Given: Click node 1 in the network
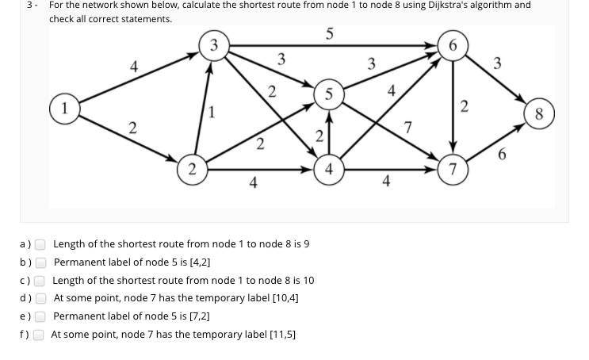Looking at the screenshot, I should point(63,106).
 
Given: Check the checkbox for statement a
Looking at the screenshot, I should point(40,244).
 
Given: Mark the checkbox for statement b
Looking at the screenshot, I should point(40,262).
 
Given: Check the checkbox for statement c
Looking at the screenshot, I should point(40,281).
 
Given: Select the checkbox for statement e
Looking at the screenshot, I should point(40,316).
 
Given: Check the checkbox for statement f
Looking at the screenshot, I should point(40,335).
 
